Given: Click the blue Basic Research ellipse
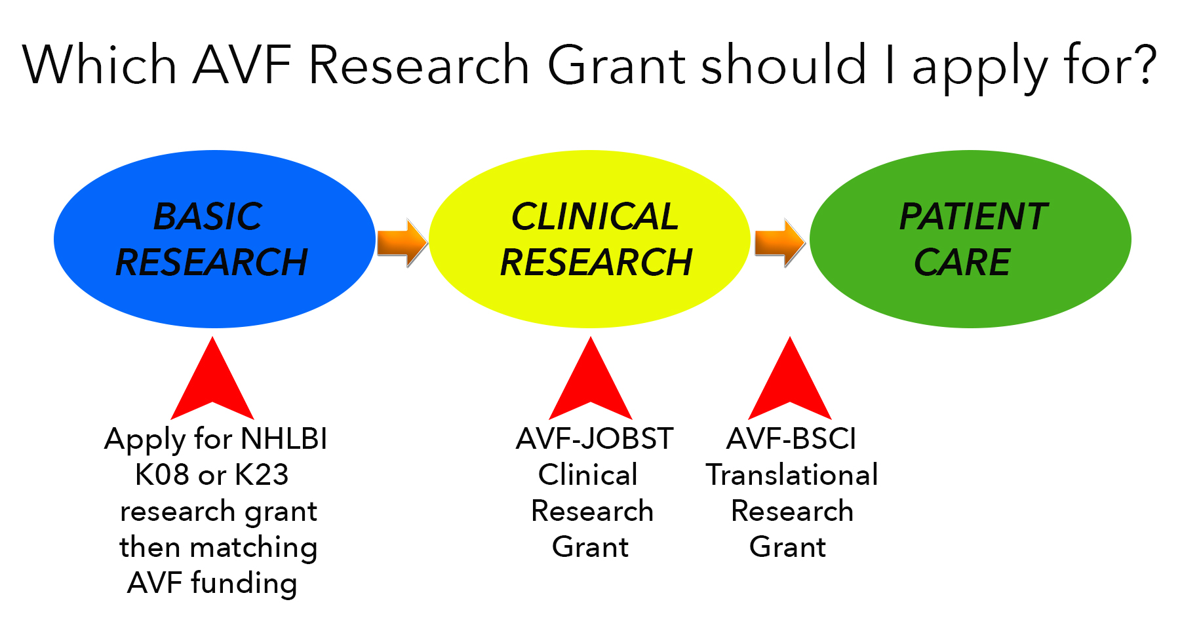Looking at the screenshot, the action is tap(214, 239).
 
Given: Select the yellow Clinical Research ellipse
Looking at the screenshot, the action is tap(589, 239).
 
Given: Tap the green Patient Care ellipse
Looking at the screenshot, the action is tap(970, 239).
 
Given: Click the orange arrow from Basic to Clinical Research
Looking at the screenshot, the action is tap(403, 242).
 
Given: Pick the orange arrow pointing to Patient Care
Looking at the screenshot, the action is tap(780, 242).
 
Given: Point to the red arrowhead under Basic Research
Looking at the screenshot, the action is tap(212, 383).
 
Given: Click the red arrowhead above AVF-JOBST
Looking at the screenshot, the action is tap(591, 383).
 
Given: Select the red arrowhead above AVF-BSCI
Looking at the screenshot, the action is tap(790, 383).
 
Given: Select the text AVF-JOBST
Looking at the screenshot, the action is tap(595, 439).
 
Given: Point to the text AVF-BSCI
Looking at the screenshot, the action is tap(791, 439).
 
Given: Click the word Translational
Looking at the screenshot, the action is tap(792, 475).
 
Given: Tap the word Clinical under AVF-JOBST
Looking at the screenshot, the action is tap(588, 475).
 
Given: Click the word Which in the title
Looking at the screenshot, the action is tap(100, 65).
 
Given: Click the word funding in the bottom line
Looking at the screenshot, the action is tap(244, 584).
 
